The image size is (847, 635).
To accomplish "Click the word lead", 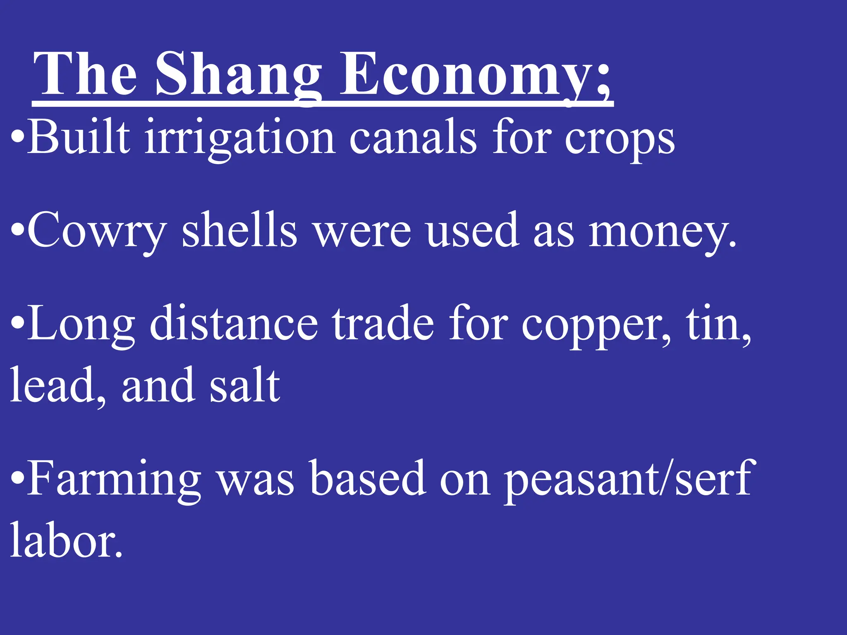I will (x=56, y=385).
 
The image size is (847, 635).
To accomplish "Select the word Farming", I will (x=114, y=480).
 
